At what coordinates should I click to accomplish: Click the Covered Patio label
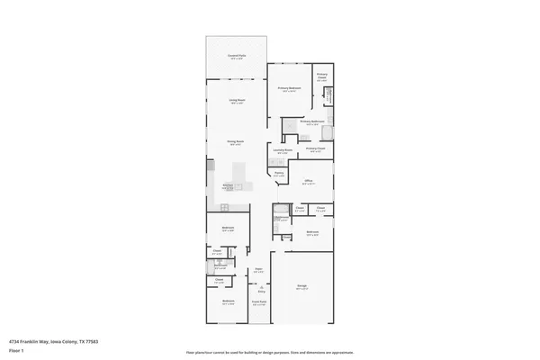[x=237, y=57]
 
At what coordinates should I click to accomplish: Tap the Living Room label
[x=237, y=102]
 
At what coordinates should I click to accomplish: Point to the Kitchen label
[x=228, y=186]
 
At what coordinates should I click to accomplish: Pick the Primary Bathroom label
[x=311, y=121]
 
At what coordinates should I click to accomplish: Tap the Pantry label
[x=279, y=174]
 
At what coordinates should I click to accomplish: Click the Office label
[x=307, y=181]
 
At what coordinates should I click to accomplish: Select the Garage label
[x=302, y=287]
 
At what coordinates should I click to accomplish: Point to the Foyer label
[x=258, y=269]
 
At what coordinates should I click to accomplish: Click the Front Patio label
[x=258, y=302]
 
